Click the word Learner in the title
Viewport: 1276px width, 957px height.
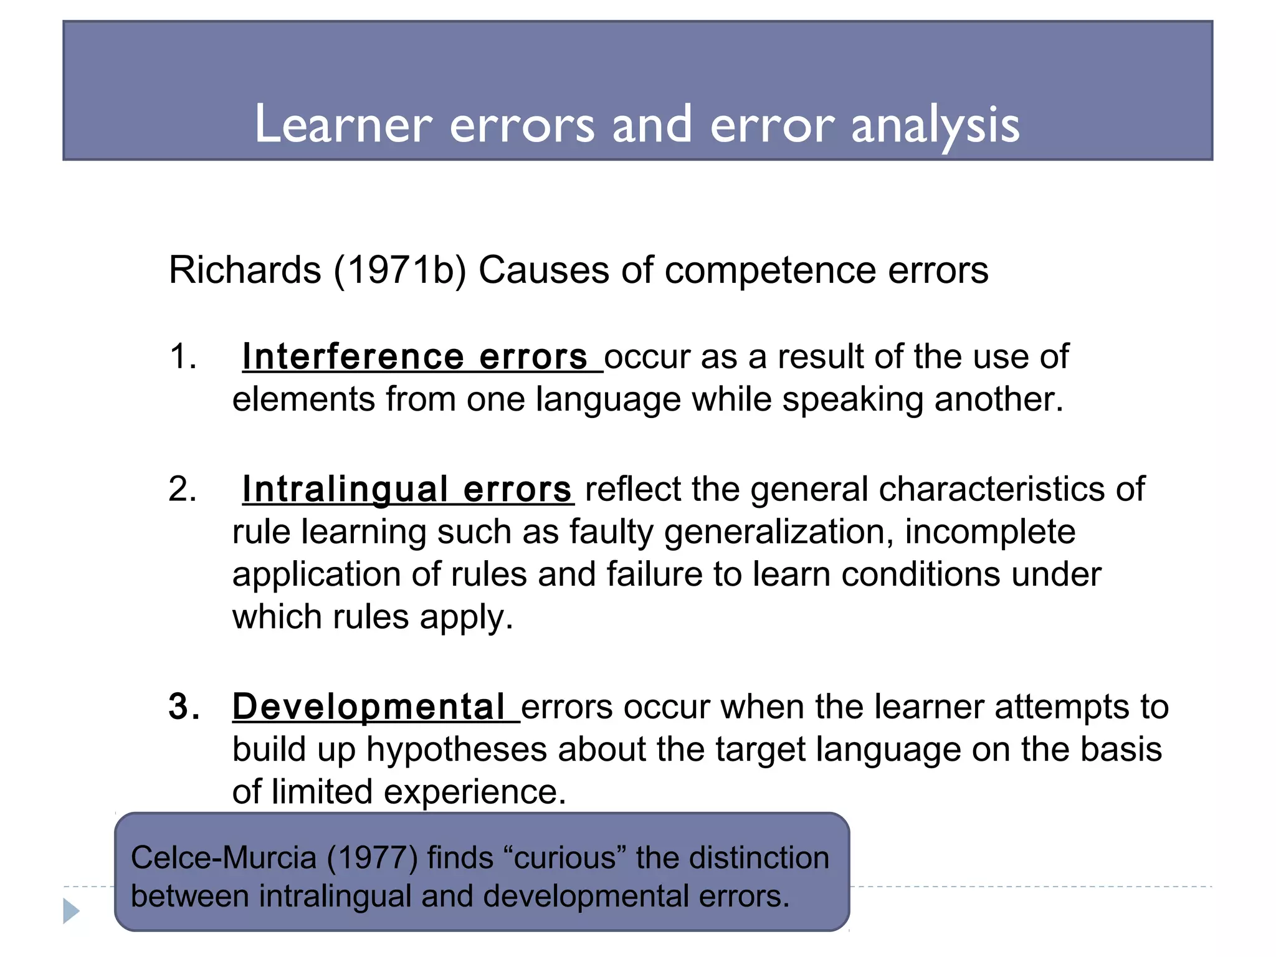(x=343, y=124)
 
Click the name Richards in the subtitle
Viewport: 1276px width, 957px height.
(x=245, y=270)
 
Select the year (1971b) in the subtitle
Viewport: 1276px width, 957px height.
(x=400, y=270)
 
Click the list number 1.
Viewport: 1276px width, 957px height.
(x=183, y=357)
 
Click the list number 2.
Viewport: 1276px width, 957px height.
(x=183, y=489)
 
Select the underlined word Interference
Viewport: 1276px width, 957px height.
(x=353, y=357)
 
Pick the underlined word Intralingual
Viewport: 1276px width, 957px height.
(x=345, y=489)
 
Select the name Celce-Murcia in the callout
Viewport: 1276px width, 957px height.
(x=223, y=858)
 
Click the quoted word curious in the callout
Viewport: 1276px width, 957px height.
(x=564, y=858)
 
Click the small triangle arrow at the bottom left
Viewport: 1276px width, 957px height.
(x=71, y=911)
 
